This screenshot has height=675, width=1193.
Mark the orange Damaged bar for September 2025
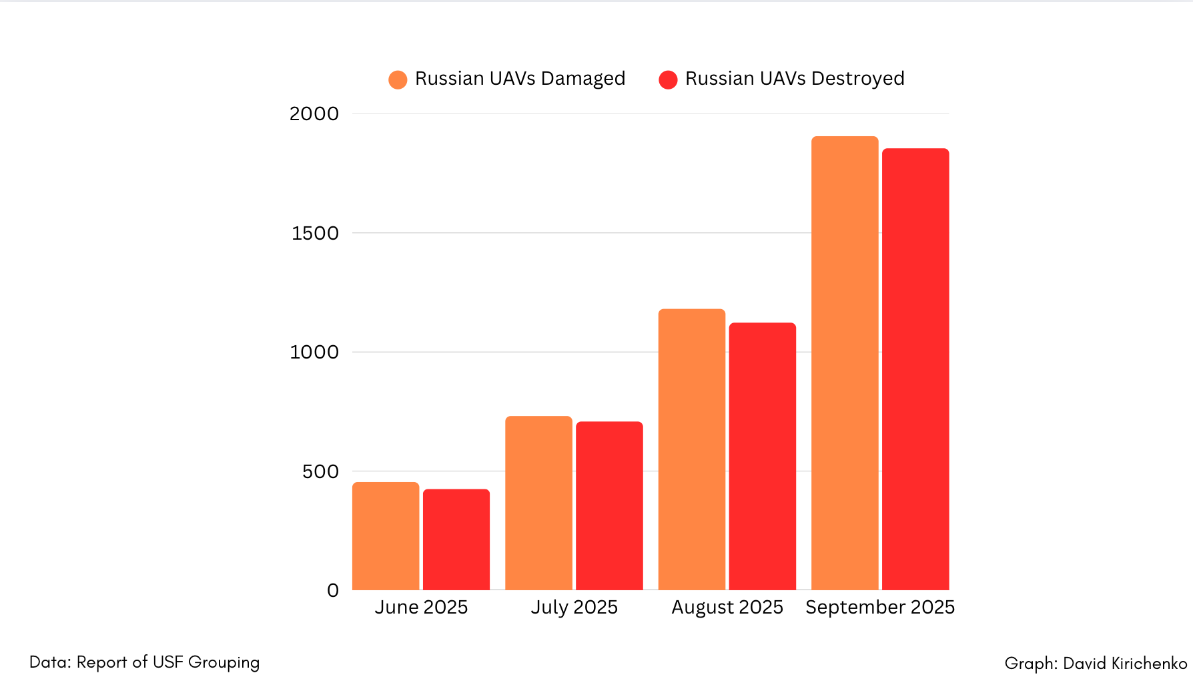click(845, 363)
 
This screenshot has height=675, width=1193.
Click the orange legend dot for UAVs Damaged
click(398, 80)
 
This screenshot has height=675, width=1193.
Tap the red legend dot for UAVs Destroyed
click(668, 80)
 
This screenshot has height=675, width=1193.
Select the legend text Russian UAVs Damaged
click(520, 79)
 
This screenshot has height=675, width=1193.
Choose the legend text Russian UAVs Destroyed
click(795, 79)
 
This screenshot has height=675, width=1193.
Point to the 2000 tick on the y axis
click(314, 114)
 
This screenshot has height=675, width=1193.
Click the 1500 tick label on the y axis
click(315, 233)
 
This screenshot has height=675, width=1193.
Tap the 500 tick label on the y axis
click(320, 471)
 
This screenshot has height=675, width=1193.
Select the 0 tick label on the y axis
click(333, 590)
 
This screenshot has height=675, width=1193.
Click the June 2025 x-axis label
click(421, 607)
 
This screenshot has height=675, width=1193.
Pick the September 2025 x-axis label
click(880, 607)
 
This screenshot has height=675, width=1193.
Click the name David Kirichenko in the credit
click(1125, 663)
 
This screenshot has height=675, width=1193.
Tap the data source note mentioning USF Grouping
click(145, 662)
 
